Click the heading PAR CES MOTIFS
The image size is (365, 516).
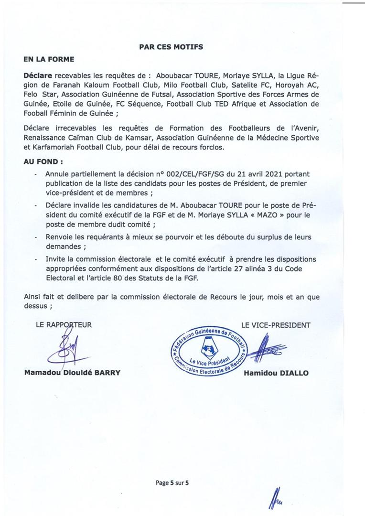tap(171, 47)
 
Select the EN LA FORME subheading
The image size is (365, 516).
tap(48, 60)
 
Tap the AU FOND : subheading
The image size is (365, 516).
tap(43, 162)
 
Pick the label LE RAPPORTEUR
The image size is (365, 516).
tap(64, 325)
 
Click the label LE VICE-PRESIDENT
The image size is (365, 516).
tap(276, 325)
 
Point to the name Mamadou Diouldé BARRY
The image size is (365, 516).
tap(72, 373)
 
